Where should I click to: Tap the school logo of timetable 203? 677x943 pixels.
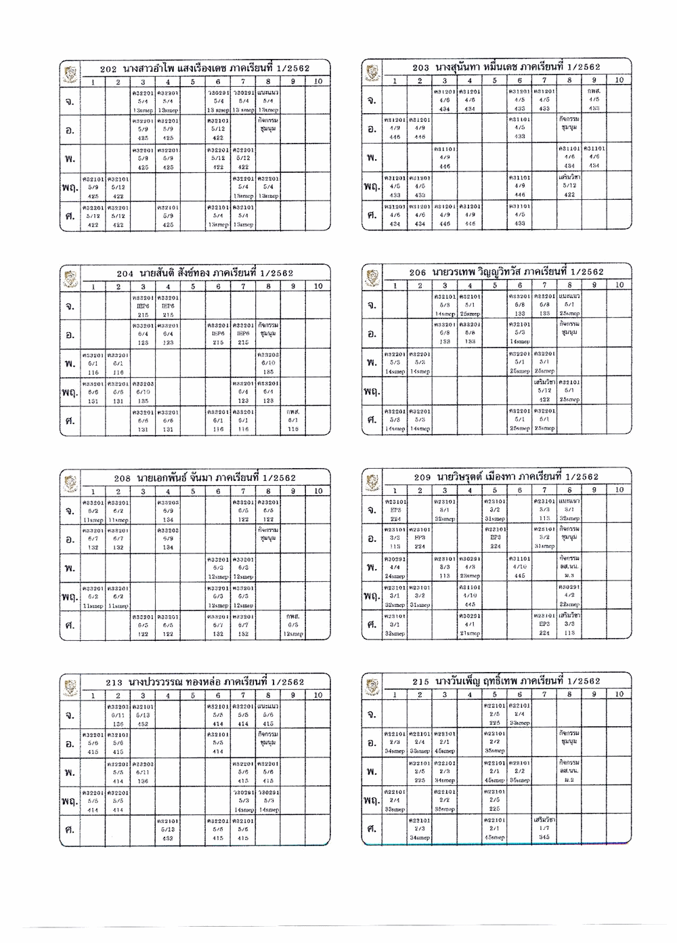coord(372,70)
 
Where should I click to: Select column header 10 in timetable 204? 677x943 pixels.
coord(318,286)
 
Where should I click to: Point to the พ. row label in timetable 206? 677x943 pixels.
coord(372,362)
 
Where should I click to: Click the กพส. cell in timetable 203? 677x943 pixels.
coord(594,100)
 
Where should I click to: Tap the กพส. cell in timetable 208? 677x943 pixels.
coord(292,625)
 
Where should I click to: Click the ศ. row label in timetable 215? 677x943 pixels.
coord(372,829)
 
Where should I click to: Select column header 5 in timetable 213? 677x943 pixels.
coord(193,695)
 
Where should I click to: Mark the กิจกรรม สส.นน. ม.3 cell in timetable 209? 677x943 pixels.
coord(569,566)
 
